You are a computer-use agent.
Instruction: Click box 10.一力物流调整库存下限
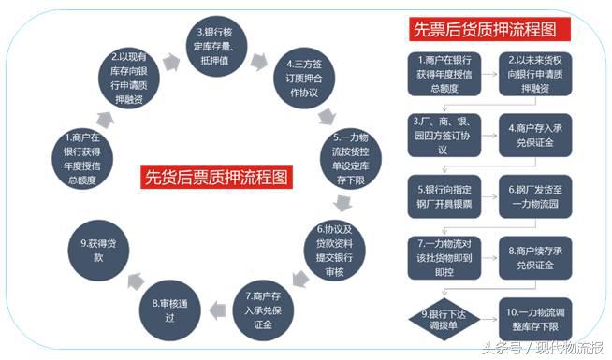tap(534, 314)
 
